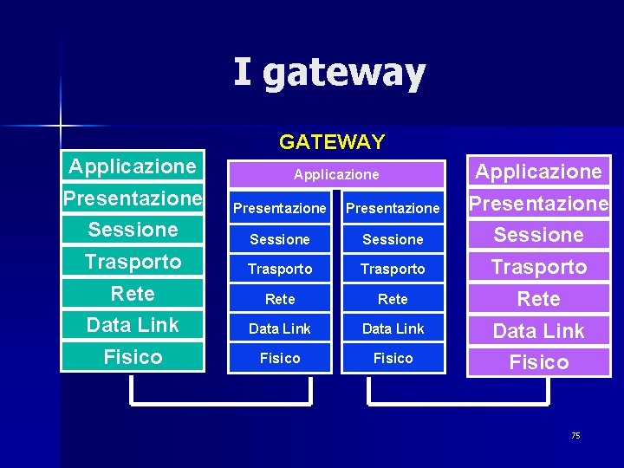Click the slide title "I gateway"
[329, 73]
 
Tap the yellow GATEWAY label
[332, 140]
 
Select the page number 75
[575, 435]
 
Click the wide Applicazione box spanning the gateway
[336, 174]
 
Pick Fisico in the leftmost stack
[133, 356]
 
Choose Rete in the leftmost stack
[133, 293]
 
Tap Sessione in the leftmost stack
[133, 230]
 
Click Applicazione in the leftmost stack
[133, 166]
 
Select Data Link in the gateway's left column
[280, 328]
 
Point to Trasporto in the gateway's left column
[280, 269]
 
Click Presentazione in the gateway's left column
[280, 208]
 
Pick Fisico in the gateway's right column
[393, 358]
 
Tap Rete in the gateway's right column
[393, 299]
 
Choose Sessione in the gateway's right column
[393, 238]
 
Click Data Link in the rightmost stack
[538, 330]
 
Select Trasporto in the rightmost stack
[538, 267]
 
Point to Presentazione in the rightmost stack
[538, 204]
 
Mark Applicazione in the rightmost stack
[538, 172]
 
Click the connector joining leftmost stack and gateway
[220, 403]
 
